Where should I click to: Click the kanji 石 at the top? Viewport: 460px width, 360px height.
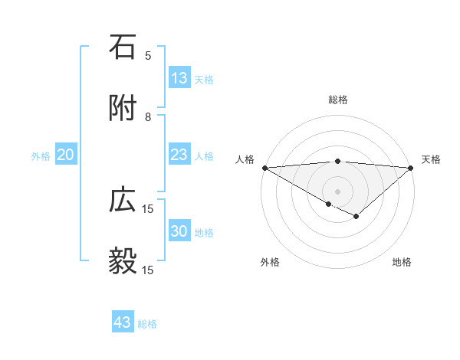pyautogui.click(x=123, y=47)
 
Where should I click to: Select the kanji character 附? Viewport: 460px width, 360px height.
pyautogui.click(x=123, y=108)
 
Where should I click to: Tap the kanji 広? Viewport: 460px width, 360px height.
pyautogui.click(x=123, y=200)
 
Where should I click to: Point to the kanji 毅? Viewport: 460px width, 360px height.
pyautogui.click(x=123, y=261)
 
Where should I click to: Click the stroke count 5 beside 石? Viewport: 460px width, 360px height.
pyautogui.click(x=148, y=55)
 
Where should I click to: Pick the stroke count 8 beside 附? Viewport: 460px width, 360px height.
pyautogui.click(x=148, y=116)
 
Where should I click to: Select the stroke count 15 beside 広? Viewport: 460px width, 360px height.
pyautogui.click(x=148, y=208)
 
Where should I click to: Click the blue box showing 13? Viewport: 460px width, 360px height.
pyautogui.click(x=179, y=78)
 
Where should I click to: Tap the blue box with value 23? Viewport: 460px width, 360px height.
pyautogui.click(x=179, y=155)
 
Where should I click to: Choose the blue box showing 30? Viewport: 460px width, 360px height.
pyautogui.click(x=179, y=231)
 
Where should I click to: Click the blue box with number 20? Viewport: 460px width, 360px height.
pyautogui.click(x=66, y=155)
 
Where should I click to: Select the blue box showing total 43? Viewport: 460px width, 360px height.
pyautogui.click(x=123, y=322)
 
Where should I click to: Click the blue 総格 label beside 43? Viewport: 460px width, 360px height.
pyautogui.click(x=147, y=324)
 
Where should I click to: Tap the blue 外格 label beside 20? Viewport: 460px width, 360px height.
pyautogui.click(x=41, y=156)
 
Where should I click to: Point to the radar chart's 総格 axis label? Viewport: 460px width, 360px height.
pyautogui.click(x=338, y=100)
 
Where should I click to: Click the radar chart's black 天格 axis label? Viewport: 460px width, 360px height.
pyautogui.click(x=432, y=159)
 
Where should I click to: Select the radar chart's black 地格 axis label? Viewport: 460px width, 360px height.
pyautogui.click(x=402, y=262)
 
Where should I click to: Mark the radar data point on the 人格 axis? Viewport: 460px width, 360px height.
pyautogui.click(x=264, y=168)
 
